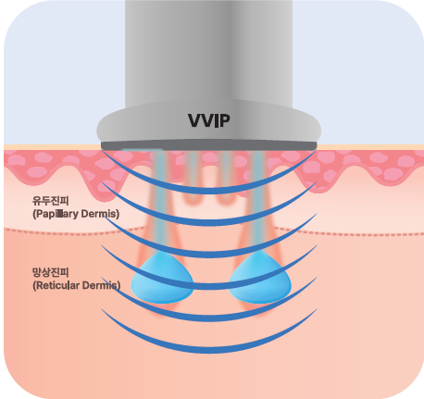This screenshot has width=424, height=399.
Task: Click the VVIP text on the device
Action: click(x=209, y=120)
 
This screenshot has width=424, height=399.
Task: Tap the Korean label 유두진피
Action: click(x=51, y=201)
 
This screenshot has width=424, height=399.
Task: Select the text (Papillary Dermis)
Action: click(x=76, y=214)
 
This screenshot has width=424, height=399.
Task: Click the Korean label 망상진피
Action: click(x=51, y=272)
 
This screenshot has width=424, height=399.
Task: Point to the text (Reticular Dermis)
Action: click(x=77, y=285)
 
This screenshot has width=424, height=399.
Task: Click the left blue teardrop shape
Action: click(x=162, y=278)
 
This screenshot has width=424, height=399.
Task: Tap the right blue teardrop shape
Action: click(x=260, y=278)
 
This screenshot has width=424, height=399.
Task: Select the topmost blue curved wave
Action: click(x=209, y=190)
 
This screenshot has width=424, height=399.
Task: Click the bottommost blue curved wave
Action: click(x=209, y=349)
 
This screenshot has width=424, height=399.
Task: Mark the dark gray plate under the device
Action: click(x=209, y=145)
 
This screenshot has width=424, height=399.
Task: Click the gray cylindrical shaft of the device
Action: click(x=209, y=53)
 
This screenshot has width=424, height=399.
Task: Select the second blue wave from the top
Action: click(x=209, y=221)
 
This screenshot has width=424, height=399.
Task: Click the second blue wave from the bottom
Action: click(x=209, y=318)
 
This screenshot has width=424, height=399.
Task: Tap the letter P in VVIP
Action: click(x=225, y=120)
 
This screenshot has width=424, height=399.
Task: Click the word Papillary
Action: click(x=57, y=214)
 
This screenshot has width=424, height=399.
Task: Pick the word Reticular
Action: click(x=57, y=285)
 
